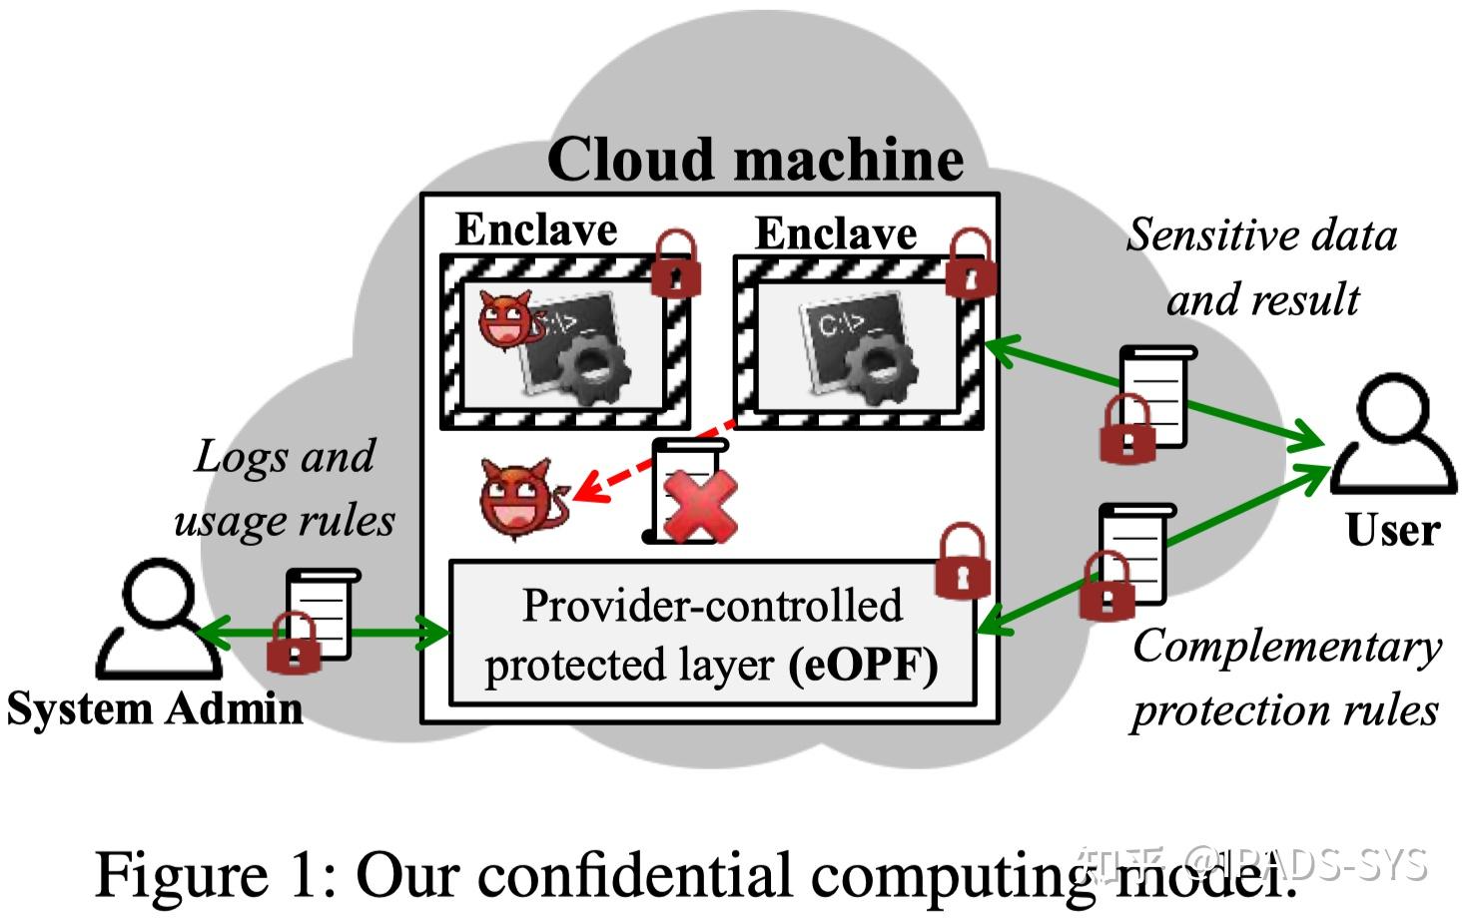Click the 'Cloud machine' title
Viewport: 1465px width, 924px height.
click(x=755, y=159)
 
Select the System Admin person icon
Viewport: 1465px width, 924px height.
click(x=158, y=620)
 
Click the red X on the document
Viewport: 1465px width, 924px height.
click(x=700, y=507)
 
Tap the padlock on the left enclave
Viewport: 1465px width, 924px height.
click(x=676, y=264)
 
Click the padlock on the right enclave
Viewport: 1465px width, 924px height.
click(x=970, y=264)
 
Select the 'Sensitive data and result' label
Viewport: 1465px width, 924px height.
click(x=1262, y=266)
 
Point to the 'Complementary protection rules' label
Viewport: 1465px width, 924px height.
click(x=1286, y=678)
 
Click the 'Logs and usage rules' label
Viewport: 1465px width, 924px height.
click(x=285, y=488)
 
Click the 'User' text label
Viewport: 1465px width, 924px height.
click(x=1392, y=530)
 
